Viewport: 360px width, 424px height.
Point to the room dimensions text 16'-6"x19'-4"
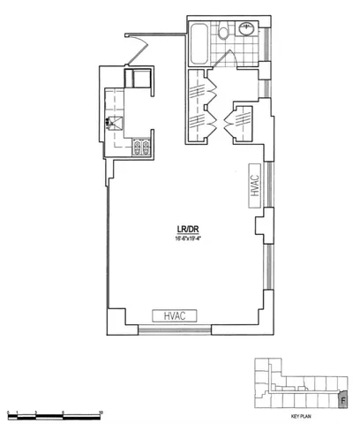pos(186,244)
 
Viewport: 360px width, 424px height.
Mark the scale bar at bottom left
pos(53,413)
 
